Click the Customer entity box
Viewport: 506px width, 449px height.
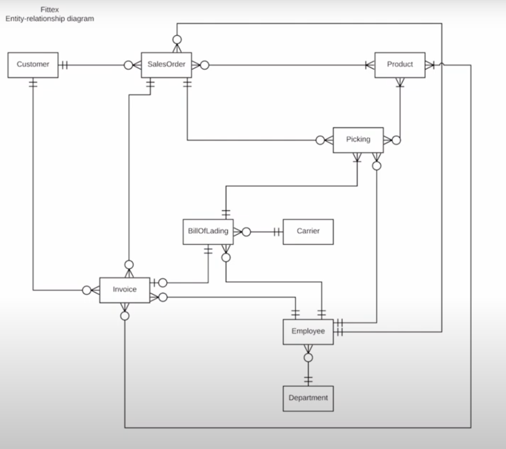coord(33,65)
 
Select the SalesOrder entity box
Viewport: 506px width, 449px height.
coord(166,65)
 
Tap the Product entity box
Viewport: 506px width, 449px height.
coord(400,65)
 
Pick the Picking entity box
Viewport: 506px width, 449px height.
coord(358,140)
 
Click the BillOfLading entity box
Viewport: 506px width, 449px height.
coord(208,231)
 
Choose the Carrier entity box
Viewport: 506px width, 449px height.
coord(308,231)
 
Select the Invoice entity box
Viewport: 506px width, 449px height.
coord(124,290)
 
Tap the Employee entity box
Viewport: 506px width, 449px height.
coord(308,332)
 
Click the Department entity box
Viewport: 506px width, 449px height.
coord(308,398)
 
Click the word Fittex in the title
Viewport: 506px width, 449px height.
coord(50,10)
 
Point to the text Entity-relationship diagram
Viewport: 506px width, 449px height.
coord(50,19)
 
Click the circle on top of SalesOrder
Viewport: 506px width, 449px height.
coord(177,39)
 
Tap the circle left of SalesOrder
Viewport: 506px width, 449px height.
coord(128,65)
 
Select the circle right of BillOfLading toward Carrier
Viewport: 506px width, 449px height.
coord(246,232)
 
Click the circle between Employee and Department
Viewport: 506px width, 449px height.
coord(308,357)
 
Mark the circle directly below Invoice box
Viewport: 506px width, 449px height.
coord(125,316)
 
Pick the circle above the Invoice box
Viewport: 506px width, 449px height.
coord(129,265)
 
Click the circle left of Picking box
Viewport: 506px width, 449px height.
coord(320,140)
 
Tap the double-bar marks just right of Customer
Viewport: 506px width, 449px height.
coord(65,65)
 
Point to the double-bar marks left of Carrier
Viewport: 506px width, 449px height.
coord(277,232)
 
